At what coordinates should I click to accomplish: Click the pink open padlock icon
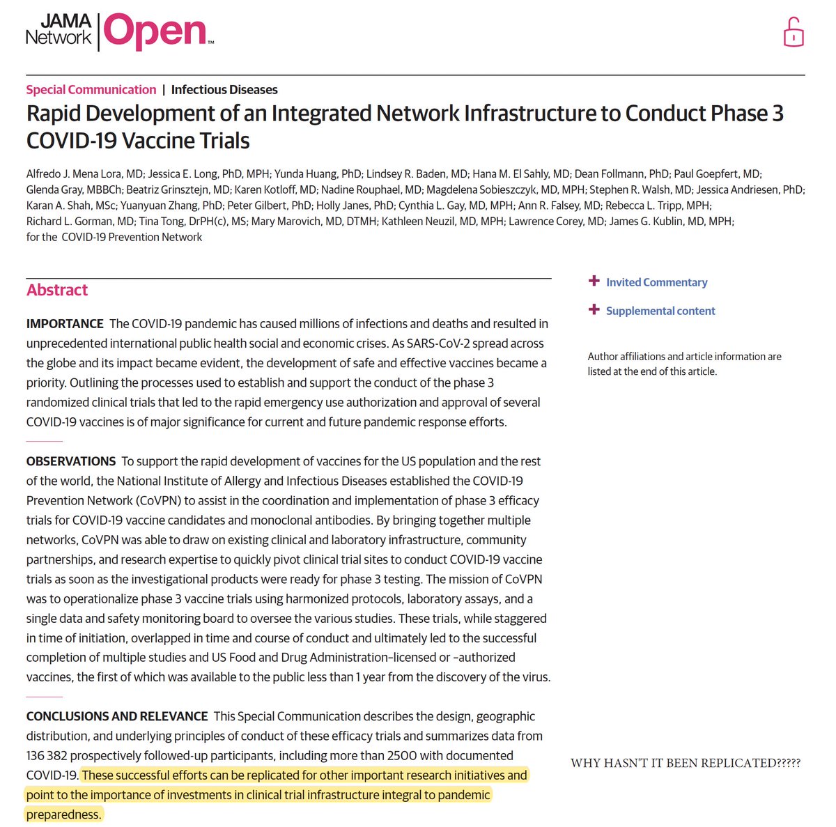click(794, 33)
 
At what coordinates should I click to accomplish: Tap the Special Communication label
click(91, 90)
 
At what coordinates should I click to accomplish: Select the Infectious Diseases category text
click(224, 90)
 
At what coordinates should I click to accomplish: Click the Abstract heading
click(57, 290)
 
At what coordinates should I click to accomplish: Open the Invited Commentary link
click(656, 282)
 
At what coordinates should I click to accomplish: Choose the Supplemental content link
click(660, 311)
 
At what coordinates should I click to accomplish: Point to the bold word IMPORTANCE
click(65, 324)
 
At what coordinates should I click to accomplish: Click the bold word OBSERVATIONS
click(71, 461)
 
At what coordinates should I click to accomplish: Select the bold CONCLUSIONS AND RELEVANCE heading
click(117, 716)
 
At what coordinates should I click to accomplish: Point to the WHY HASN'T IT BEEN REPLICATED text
click(686, 763)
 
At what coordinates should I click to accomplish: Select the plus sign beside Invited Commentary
click(594, 281)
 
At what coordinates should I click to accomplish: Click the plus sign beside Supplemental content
click(594, 309)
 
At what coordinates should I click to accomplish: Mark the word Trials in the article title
click(220, 141)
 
